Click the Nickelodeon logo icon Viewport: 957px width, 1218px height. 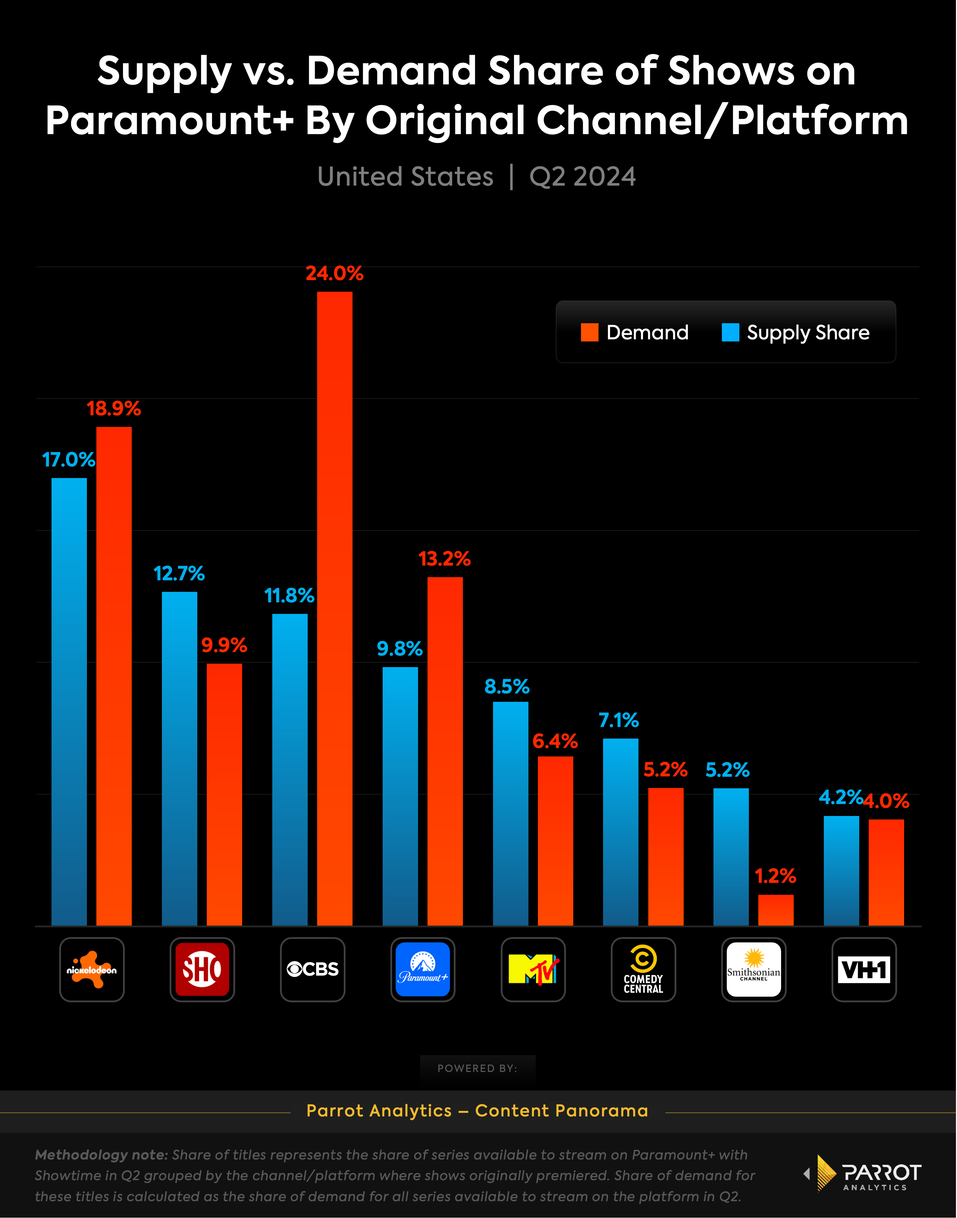[x=92, y=969]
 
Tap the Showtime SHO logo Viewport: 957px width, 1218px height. [x=202, y=969]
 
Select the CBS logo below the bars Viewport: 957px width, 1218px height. [x=313, y=969]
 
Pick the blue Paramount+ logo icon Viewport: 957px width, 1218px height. [x=423, y=969]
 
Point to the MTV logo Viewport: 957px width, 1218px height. [x=533, y=969]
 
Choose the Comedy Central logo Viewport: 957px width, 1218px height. [x=643, y=969]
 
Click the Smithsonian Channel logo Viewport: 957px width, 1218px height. [x=754, y=969]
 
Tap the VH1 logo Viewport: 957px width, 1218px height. [x=864, y=969]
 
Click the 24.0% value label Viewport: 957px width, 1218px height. [x=335, y=273]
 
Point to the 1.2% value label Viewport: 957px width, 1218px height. [x=775, y=876]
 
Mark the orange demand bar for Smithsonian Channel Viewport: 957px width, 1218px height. [x=776, y=910]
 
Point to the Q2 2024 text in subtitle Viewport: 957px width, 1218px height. [x=583, y=177]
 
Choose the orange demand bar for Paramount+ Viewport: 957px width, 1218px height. [x=445, y=750]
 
